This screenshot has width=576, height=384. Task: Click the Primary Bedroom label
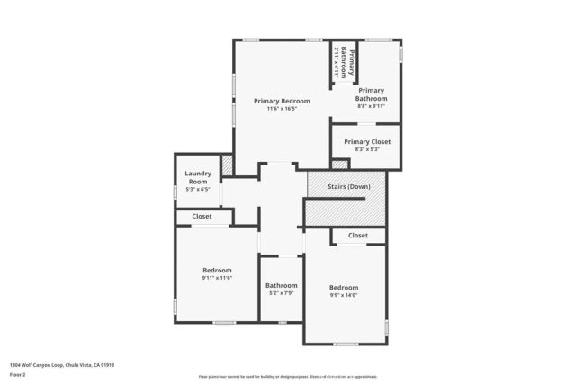[x=282, y=101]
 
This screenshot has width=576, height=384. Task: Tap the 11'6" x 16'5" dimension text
[x=282, y=109]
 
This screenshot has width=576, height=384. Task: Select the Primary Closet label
[x=367, y=141]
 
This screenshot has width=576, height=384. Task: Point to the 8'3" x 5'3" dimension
[x=367, y=149]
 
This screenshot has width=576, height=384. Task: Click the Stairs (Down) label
[x=347, y=186]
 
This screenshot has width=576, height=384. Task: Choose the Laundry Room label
[x=198, y=177]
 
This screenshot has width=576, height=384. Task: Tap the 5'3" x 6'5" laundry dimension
[x=198, y=189]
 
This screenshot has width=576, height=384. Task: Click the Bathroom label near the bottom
[x=281, y=285]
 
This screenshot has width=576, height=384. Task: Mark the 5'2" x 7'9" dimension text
[x=281, y=293]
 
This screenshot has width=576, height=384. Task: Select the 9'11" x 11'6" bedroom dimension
[x=217, y=278]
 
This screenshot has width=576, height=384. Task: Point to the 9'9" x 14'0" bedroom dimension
[x=344, y=295]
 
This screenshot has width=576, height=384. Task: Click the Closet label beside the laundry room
[x=202, y=216]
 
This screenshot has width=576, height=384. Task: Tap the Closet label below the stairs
[x=358, y=236]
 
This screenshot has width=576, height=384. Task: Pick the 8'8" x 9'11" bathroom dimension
[x=372, y=106]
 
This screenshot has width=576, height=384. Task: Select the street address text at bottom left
[x=62, y=365]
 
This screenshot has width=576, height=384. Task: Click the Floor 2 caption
[x=18, y=374]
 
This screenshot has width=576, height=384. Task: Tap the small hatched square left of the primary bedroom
[x=227, y=165]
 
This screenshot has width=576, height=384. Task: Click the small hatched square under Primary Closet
[x=339, y=165]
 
